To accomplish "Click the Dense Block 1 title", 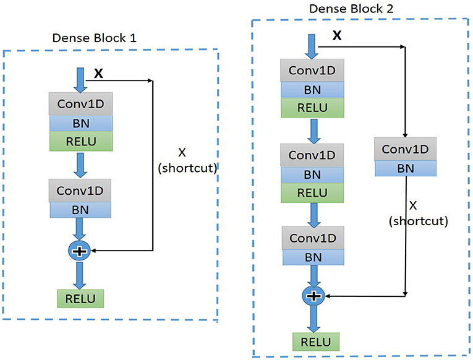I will click(x=95, y=38).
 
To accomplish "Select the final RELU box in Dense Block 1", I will click(x=80, y=299).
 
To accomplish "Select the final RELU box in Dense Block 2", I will click(x=317, y=341).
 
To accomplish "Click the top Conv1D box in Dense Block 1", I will click(x=80, y=105).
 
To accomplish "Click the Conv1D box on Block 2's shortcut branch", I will click(x=405, y=149).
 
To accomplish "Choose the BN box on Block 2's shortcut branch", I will click(x=405, y=168).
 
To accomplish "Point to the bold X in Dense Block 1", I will click(x=98, y=74).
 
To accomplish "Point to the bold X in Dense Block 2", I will click(x=337, y=36).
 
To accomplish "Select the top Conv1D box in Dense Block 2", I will click(x=312, y=70).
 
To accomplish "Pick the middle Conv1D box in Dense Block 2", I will click(x=312, y=155).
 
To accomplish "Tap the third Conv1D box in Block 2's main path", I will click(x=314, y=238).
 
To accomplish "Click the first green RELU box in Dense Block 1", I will click(x=80, y=141).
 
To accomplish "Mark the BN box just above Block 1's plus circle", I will click(x=80, y=210).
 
